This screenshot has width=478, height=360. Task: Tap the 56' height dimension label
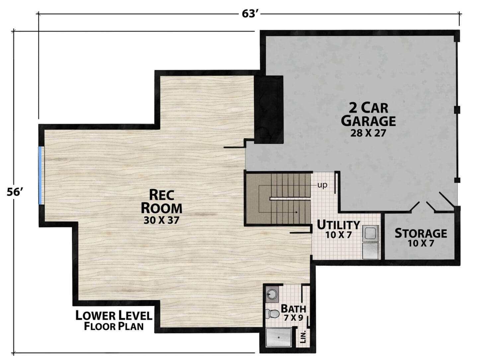[x=15, y=192]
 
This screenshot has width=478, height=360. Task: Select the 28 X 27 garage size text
[x=368, y=133]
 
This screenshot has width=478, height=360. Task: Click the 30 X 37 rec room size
[x=161, y=220]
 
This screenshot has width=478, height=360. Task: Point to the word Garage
[x=368, y=121]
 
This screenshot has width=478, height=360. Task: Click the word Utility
[x=338, y=225]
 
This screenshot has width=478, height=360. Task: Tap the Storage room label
[x=421, y=233]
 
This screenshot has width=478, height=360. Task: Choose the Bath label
[x=293, y=309]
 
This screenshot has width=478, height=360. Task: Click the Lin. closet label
[x=303, y=337]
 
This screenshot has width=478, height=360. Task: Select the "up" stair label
[x=322, y=185]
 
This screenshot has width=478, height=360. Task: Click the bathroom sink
[x=272, y=295]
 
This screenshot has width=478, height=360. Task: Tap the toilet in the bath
[x=273, y=314]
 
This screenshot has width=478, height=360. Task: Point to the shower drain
[x=279, y=337]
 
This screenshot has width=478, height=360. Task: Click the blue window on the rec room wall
[x=40, y=176]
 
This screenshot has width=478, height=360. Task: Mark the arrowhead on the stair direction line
[x=296, y=212]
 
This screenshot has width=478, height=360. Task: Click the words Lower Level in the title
[x=114, y=315]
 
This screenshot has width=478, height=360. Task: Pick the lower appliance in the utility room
[x=371, y=251]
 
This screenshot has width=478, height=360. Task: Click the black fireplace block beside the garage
[x=269, y=110]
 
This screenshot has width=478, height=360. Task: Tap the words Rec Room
[x=161, y=202]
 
